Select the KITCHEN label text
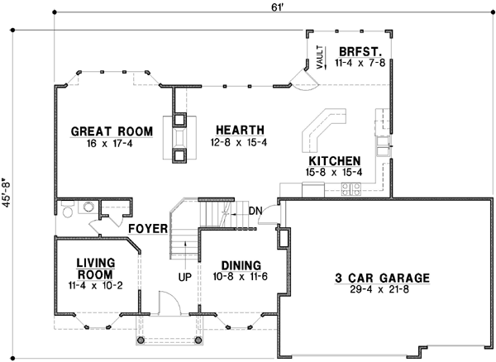[334, 160]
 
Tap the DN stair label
[255, 211]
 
